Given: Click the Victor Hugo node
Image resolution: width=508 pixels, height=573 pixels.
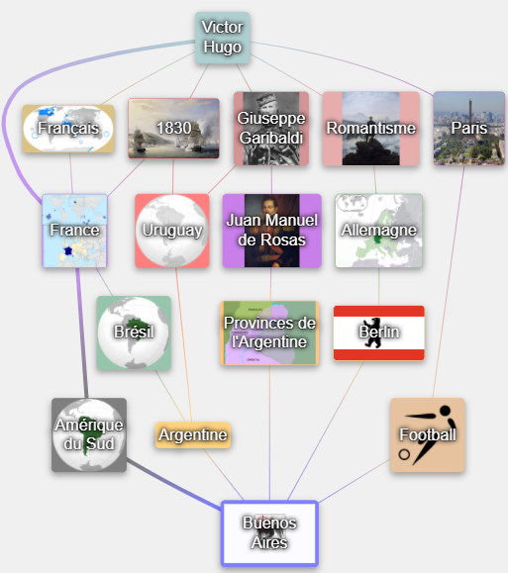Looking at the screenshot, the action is tap(223, 38).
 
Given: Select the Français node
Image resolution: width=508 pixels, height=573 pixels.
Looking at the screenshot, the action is tap(68, 129).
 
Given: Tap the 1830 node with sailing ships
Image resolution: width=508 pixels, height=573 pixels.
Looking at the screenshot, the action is tap(173, 129).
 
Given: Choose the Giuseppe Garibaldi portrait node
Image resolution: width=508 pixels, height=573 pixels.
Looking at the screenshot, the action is tap(271, 129).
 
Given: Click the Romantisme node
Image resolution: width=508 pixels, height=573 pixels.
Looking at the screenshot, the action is tap(371, 129).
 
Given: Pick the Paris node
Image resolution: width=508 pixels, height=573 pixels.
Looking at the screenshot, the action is tap(469, 129).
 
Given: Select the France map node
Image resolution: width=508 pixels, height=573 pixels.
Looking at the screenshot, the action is tap(74, 231).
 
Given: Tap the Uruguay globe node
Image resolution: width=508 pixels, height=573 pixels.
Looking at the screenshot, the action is tap(172, 231).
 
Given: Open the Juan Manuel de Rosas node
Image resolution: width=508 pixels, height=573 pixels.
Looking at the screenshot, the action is tap(271, 231).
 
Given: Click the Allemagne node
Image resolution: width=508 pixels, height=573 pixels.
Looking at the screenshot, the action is tap(379, 231).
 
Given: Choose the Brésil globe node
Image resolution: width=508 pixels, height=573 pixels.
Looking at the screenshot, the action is tap(134, 333).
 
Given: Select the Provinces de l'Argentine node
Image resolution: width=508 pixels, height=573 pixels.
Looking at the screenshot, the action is tap(270, 333).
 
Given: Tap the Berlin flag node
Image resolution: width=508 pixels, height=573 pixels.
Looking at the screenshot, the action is tap(379, 333).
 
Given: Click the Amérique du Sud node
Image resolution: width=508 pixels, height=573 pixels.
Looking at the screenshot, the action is tap(89, 434).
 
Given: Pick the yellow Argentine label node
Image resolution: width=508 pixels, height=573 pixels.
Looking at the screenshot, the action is tap(193, 434).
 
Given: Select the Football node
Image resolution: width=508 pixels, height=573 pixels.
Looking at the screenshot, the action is tap(428, 434).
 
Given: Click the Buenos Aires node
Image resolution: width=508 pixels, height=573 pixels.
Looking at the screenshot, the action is tap(269, 532).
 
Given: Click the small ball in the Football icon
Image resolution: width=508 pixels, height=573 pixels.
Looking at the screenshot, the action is tap(404, 454).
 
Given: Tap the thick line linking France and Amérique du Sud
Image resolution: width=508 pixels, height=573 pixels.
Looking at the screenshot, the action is tap(82, 333).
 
